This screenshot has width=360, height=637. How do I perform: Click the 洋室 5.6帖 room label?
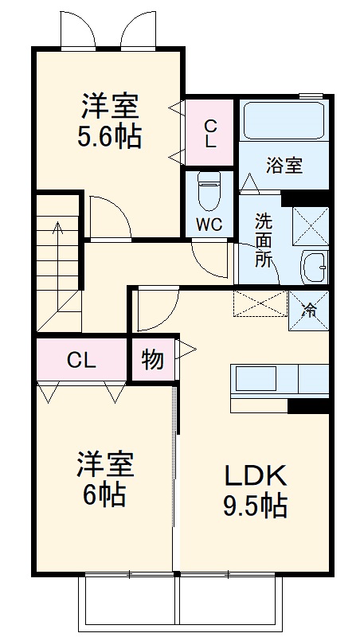pyautogui.click(x=109, y=121)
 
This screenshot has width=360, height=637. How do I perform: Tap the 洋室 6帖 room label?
pyautogui.click(x=104, y=479)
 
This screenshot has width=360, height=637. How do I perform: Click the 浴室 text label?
pyautogui.click(x=284, y=166)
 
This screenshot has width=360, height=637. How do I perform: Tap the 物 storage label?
pyautogui.click(x=152, y=360)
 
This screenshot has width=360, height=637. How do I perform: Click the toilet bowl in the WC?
pyautogui.click(x=209, y=190)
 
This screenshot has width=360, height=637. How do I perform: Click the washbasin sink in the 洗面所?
pyautogui.click(x=315, y=266)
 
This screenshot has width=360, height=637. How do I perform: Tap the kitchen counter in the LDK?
pyautogui.click(x=279, y=380)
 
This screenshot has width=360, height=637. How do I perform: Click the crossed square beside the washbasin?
pyautogui.click(x=311, y=224)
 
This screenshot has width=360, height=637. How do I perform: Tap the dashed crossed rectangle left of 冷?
pyautogui.click(x=259, y=304)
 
